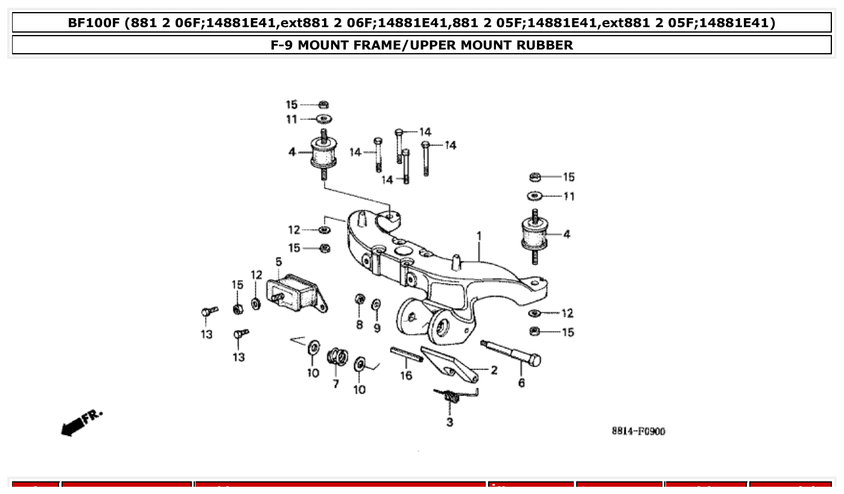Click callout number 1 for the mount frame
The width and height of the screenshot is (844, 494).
click(478, 236)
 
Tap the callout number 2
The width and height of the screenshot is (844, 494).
click(493, 370)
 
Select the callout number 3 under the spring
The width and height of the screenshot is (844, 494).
click(449, 422)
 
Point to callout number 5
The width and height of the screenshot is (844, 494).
click(279, 261)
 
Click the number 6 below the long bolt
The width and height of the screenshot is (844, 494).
click(521, 383)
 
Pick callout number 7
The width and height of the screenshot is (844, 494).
click(335, 383)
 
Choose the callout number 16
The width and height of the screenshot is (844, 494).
click(406, 376)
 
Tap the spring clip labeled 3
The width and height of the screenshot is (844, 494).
click(454, 396)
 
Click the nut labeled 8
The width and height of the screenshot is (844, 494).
click(360, 299)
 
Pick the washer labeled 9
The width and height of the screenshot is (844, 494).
click(376, 304)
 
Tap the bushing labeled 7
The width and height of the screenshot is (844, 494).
click(337, 357)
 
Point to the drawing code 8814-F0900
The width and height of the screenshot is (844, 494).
click(638, 431)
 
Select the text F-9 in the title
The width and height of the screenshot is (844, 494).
click(283, 45)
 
